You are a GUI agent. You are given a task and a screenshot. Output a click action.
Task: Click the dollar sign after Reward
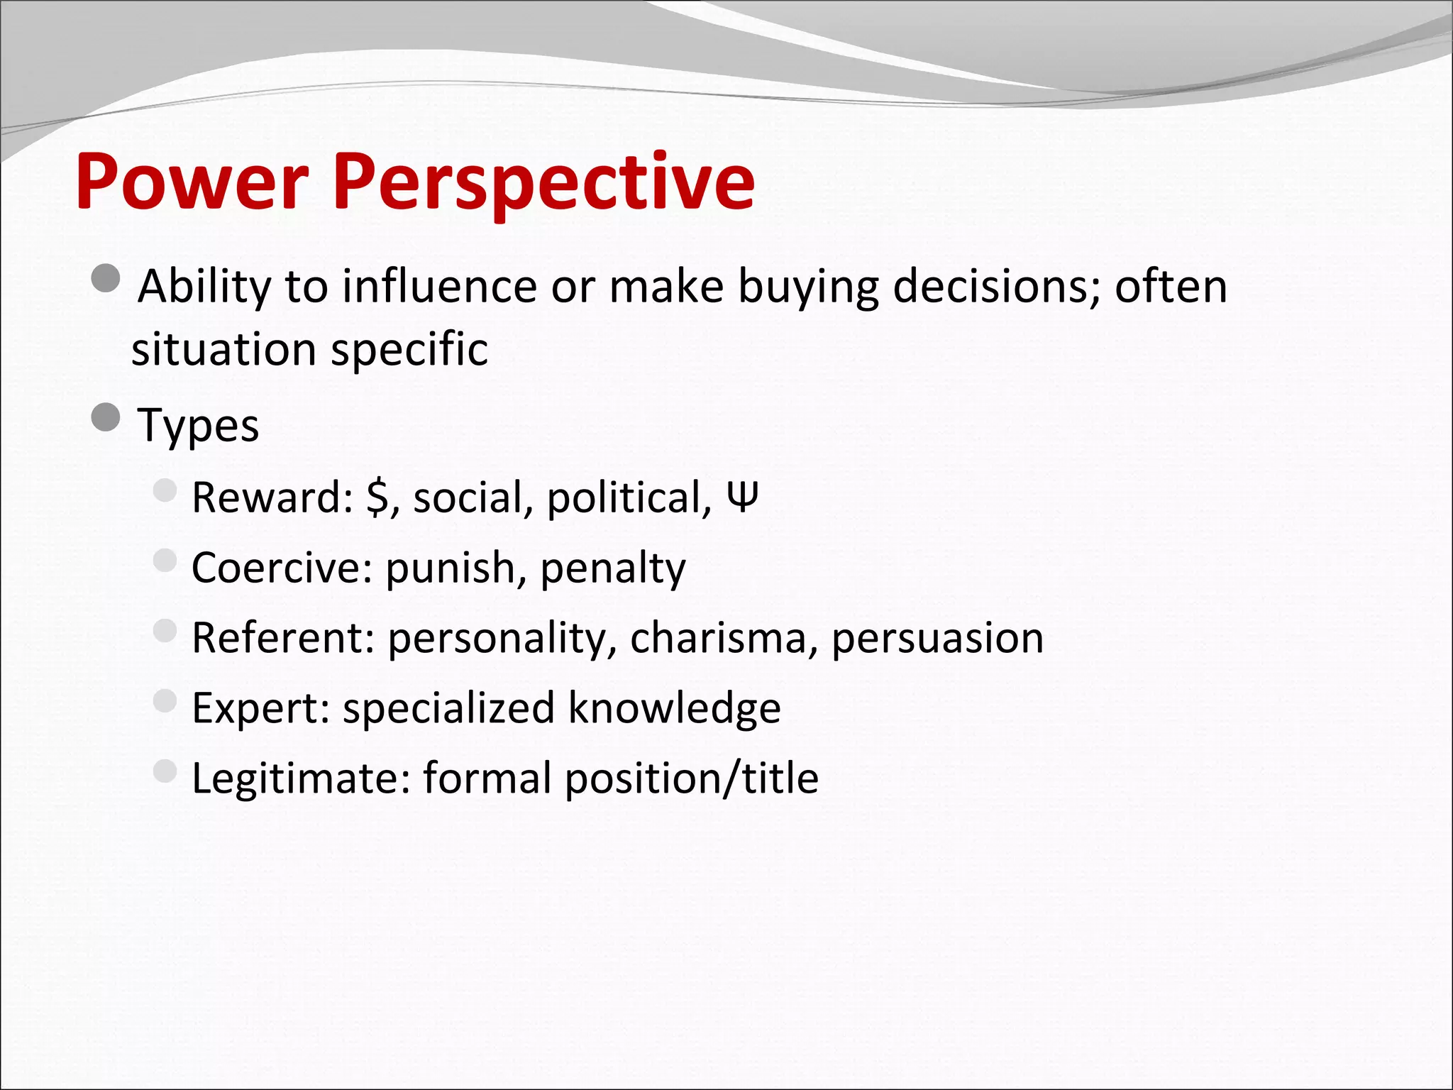[377, 497]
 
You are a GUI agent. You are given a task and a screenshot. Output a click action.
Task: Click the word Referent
[282, 637]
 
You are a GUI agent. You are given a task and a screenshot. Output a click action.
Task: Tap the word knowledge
[674, 708]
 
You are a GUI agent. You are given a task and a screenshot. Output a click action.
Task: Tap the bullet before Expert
[165, 701]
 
